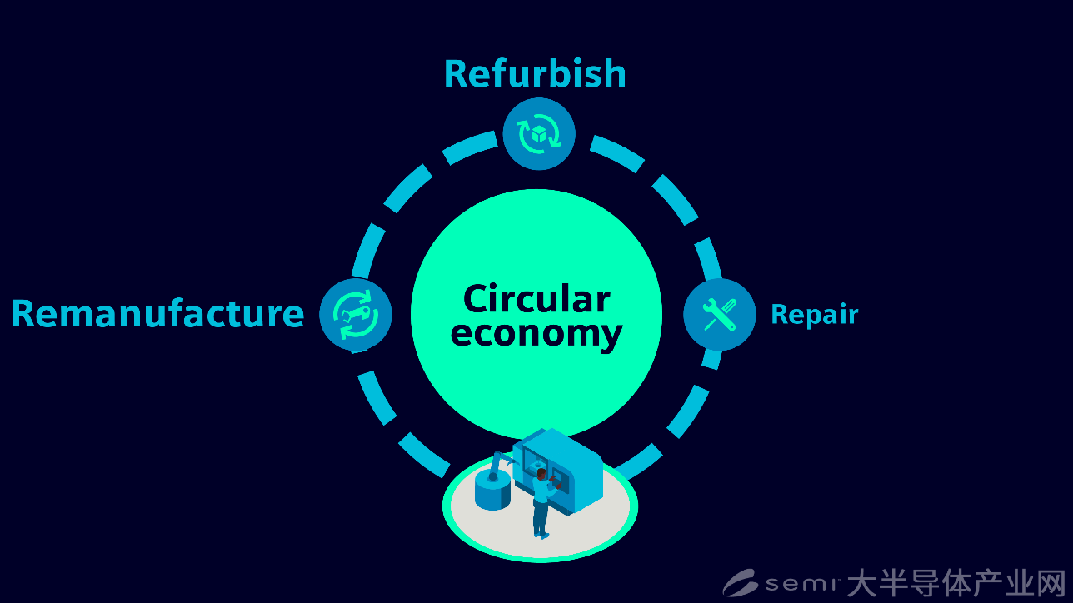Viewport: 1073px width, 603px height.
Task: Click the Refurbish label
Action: pos(535,73)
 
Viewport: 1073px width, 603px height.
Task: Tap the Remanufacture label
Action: pos(158,313)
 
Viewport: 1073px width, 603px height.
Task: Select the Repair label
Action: pos(815,316)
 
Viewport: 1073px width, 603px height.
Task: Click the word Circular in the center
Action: pos(536,298)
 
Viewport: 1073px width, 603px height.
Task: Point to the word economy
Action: pos(536,334)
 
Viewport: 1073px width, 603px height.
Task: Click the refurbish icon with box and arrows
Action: pos(539,133)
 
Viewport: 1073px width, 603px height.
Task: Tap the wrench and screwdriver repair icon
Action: pos(720,314)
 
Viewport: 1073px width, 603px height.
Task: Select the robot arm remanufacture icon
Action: pos(356,315)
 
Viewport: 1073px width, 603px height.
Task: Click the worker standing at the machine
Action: pos(543,504)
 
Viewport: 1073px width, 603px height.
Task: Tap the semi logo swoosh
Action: pos(740,582)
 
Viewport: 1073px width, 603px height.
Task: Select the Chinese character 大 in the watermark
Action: pos(862,583)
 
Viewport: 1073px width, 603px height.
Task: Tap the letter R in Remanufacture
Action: pos(23,314)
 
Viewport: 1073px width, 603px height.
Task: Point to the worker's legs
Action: pos(541,520)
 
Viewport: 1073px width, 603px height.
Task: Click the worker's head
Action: pos(541,474)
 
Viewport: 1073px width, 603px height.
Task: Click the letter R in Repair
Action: pos(780,314)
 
